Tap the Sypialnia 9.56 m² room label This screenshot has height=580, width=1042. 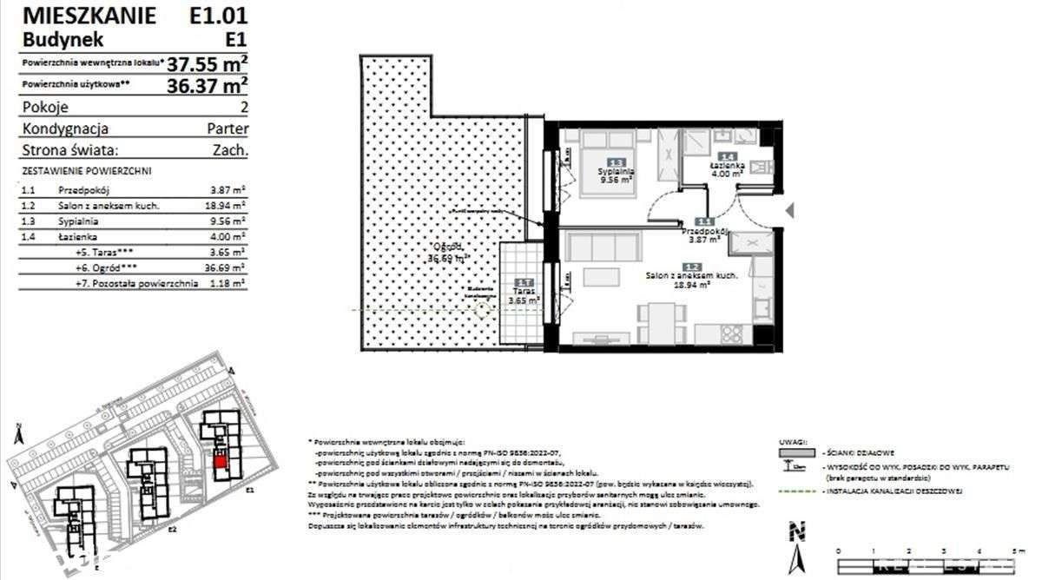pyautogui.click(x=616, y=175)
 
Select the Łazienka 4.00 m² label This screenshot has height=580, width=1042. pyautogui.click(x=725, y=168)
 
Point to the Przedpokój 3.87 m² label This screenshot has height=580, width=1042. pyautogui.click(x=703, y=235)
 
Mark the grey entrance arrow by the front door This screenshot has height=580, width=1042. pyautogui.click(x=788, y=210)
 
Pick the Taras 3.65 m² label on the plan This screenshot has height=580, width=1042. pyautogui.click(x=524, y=295)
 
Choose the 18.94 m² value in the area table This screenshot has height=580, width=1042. pyautogui.click(x=229, y=205)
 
